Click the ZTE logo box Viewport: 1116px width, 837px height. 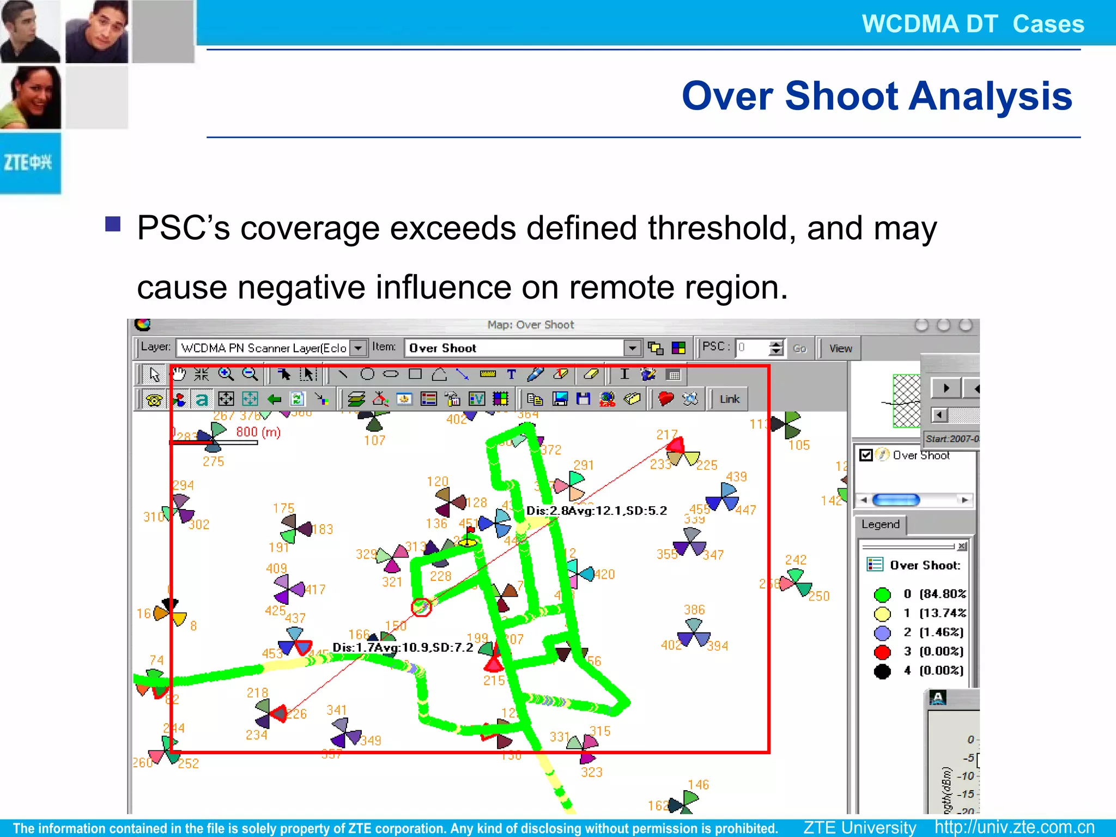tap(30, 162)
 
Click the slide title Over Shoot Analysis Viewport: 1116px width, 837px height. tap(876, 96)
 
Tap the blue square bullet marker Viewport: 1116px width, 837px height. tap(113, 224)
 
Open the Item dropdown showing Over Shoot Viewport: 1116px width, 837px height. tap(632, 348)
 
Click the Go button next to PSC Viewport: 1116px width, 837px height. tap(799, 349)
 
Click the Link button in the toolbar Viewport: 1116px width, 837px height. tap(729, 399)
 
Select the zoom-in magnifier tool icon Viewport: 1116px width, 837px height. tap(226, 374)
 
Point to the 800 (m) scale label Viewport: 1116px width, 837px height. tap(258, 432)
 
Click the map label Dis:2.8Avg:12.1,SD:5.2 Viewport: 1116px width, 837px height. tap(596, 511)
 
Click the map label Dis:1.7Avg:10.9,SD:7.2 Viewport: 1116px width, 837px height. tap(403, 647)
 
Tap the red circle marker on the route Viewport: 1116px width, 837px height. tap(421, 606)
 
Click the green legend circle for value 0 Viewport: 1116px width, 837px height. tap(882, 595)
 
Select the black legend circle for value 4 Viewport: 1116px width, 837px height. tap(882, 671)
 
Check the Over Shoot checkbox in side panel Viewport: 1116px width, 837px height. tap(866, 455)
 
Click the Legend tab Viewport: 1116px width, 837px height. tap(880, 524)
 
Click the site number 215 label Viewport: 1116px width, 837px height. tap(494, 680)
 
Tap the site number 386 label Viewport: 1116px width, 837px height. tap(694, 610)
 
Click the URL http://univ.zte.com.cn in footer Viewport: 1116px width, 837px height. tap(1014, 827)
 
